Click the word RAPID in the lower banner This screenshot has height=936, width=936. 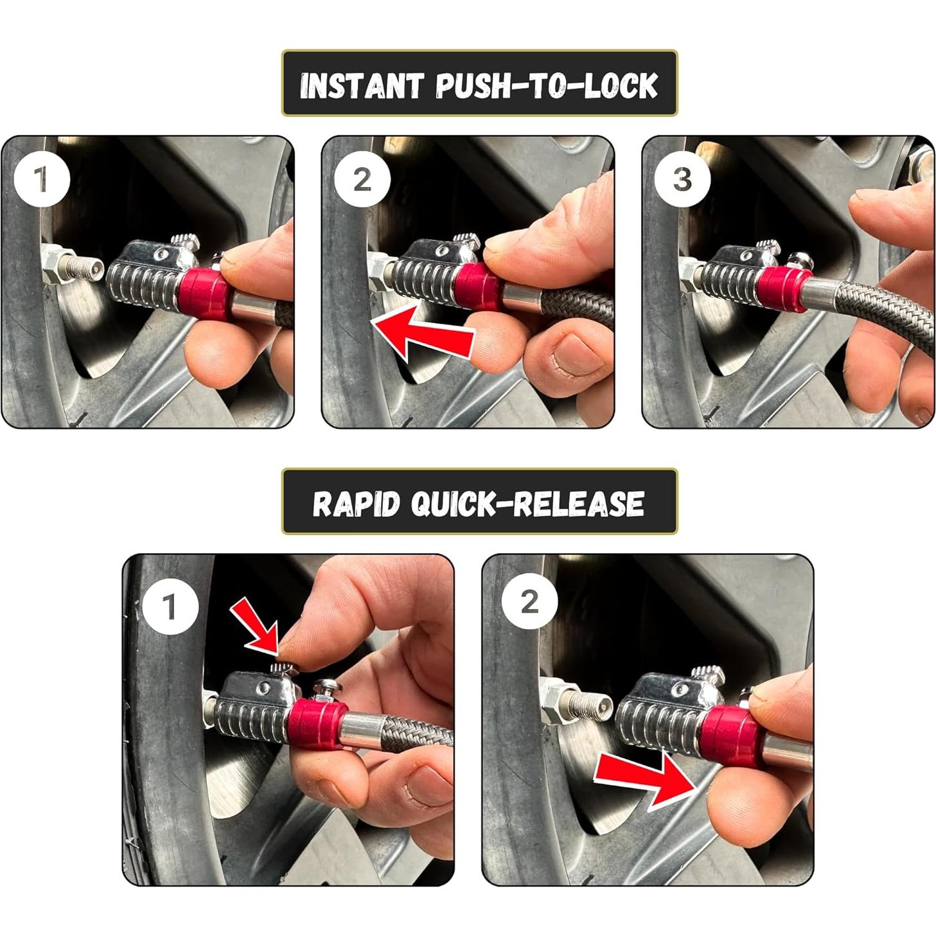(356, 504)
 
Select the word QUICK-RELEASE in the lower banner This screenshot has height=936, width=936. (527, 504)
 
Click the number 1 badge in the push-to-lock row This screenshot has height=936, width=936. (42, 180)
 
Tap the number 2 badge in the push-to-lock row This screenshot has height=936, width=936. (362, 180)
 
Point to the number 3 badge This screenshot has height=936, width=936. (682, 180)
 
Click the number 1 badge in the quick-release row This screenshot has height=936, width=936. (170, 606)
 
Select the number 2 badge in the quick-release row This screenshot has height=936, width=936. (529, 603)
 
